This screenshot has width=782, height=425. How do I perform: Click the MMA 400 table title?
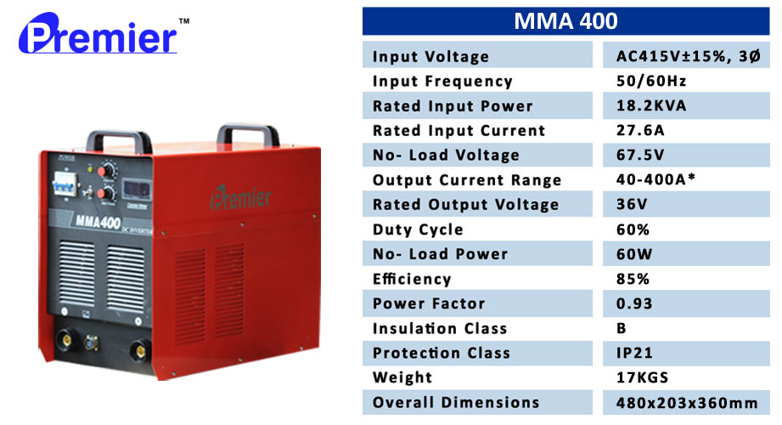pos(565,21)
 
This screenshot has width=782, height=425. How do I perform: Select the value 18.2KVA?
pos(651,105)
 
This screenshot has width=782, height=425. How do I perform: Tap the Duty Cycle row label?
pos(418,229)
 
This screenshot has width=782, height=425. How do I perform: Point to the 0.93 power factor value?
pos(634,303)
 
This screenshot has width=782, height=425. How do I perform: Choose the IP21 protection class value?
pos(634,353)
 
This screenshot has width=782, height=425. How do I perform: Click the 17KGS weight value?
pos(643,377)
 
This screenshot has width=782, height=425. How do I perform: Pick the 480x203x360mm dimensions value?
pos(687,403)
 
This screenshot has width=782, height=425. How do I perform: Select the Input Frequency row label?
pos(442,81)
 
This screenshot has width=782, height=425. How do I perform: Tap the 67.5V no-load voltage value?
pos(640,155)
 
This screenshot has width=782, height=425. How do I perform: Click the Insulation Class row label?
pos(439,328)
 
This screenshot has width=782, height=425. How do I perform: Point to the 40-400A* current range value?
pos(655,178)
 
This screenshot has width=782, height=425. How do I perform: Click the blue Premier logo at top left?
pos(98,34)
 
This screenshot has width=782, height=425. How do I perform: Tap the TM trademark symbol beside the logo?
pos(184,21)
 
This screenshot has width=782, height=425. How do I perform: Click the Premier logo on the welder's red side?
pos(241,197)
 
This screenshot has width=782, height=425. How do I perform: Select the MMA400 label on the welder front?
pos(98,221)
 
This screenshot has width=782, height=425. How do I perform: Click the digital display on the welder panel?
pos(137,190)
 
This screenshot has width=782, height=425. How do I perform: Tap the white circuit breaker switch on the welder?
pos(65,184)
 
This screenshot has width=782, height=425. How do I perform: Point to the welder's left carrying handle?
pos(119,141)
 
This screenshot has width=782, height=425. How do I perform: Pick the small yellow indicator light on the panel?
pos(90,169)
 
